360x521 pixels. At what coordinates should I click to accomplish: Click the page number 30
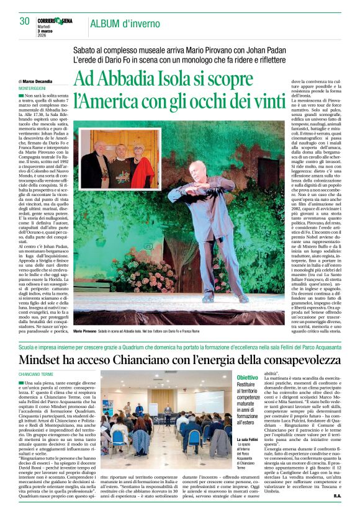coord(24,21)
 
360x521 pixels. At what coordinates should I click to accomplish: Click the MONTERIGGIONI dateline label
coord(36,88)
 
